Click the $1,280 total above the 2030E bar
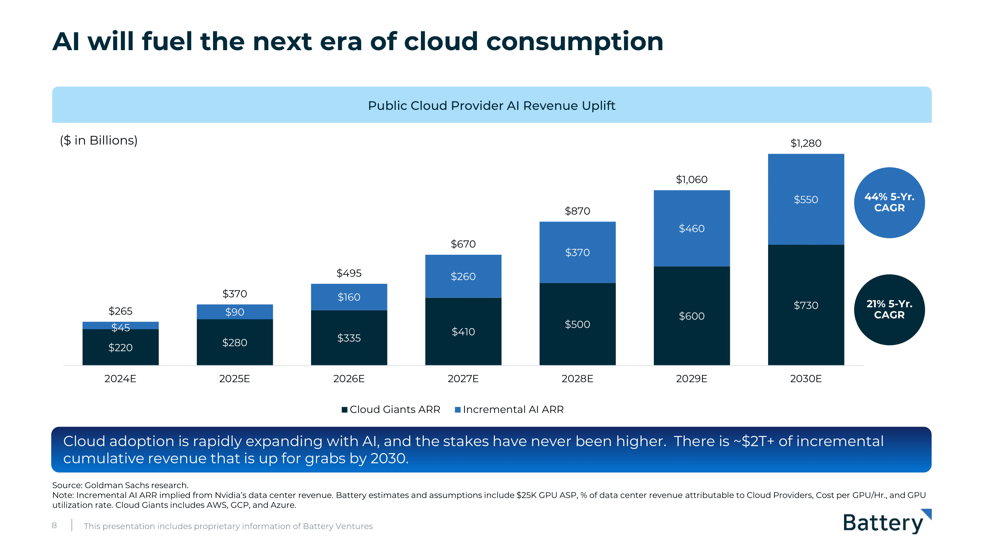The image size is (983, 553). coord(806,143)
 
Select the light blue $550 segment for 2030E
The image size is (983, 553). coord(806,199)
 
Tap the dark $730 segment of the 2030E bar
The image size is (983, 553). coord(806,305)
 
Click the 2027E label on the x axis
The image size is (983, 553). coord(463,379)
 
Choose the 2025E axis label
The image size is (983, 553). coord(234,379)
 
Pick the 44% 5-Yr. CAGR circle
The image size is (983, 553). coord(889,202)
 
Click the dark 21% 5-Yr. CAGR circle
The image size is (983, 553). coord(889,310)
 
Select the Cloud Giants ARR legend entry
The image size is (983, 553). coord(391,410)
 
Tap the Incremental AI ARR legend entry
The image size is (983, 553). coord(509,410)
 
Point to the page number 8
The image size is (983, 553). coord(54,525)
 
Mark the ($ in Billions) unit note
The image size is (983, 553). coord(98,140)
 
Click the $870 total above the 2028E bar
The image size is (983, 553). coord(577,211)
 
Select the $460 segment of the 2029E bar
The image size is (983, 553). coord(691,228)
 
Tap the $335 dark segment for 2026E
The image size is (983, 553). coord(349,338)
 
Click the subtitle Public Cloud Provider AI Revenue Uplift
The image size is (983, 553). coord(492,105)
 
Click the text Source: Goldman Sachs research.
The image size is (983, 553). coord(120,485)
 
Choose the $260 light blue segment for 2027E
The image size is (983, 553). coord(463,276)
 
